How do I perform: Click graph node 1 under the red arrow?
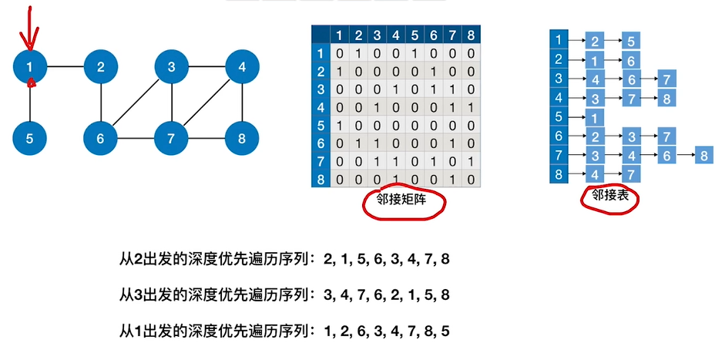(x=31, y=68)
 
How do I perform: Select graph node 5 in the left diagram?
(x=31, y=140)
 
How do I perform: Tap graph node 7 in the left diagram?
(x=172, y=140)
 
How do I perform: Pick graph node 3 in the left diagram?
(x=172, y=68)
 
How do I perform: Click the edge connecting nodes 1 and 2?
(x=66, y=68)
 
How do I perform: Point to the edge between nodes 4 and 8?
(x=243, y=103)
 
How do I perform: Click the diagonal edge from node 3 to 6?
(x=136, y=103)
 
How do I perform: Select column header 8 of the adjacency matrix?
(x=470, y=35)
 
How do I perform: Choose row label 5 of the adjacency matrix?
(x=321, y=123)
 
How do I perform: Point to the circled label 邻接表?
(x=609, y=196)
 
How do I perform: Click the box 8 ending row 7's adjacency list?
(x=704, y=156)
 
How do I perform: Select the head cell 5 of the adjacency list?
(x=557, y=117)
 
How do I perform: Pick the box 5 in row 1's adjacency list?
(x=630, y=40)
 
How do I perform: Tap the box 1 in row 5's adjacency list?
(x=594, y=117)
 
